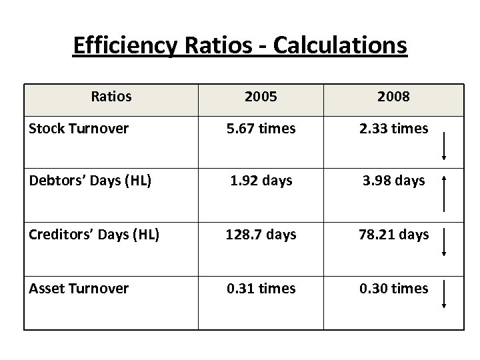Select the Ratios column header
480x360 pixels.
[111, 97]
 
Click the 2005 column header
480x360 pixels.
[261, 97]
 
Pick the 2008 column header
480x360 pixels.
[393, 97]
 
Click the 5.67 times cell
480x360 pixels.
[261, 129]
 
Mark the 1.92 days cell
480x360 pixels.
[261, 181]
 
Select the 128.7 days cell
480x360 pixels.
[261, 235]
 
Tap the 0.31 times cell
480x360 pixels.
[261, 288]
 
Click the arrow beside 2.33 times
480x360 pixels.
[444, 146]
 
